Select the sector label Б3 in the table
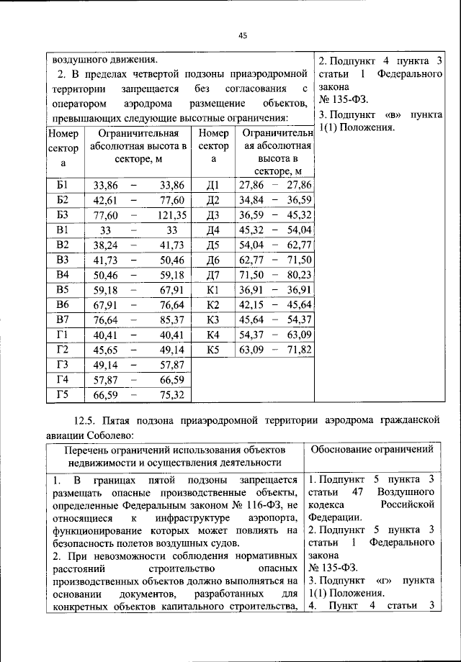[62, 214]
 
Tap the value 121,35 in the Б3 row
[172, 214]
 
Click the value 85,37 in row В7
[172, 319]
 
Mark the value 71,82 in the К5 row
[297, 350]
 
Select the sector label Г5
[62, 394]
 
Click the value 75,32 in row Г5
[172, 394]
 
